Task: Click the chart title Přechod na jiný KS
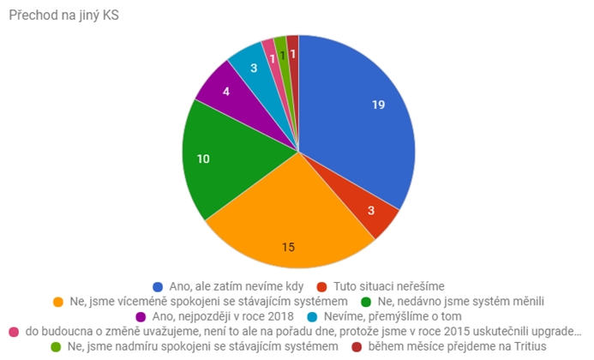click(x=58, y=15)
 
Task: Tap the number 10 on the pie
click(x=205, y=159)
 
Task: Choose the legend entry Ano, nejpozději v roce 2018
click(x=213, y=315)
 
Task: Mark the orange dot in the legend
click(x=58, y=301)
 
